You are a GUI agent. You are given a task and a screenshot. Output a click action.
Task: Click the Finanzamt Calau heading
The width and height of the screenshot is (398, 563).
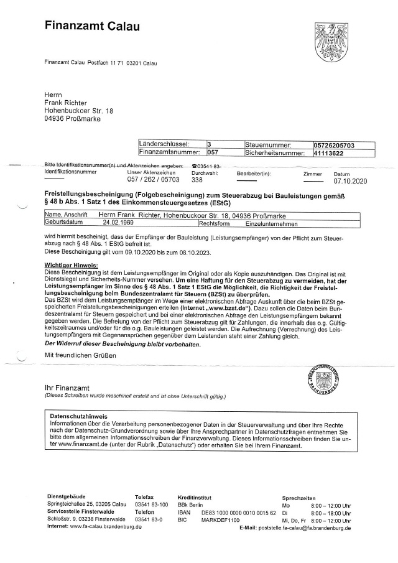click(92, 26)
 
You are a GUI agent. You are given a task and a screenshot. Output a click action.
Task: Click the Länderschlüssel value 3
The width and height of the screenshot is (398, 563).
click(210, 144)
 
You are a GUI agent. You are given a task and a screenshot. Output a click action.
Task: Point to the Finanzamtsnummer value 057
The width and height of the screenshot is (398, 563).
click(213, 151)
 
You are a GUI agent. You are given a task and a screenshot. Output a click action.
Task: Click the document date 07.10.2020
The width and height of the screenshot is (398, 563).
click(351, 181)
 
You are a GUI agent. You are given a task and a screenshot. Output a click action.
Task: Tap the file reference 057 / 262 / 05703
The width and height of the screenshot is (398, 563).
click(153, 180)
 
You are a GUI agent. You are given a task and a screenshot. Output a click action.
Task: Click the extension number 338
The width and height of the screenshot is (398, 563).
click(197, 180)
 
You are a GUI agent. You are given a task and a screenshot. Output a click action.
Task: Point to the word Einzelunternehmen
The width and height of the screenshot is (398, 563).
click(272, 223)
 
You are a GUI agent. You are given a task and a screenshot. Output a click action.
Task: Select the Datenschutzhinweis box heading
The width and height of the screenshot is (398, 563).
click(78, 416)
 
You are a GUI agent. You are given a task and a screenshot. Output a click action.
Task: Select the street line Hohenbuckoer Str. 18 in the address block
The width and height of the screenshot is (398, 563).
click(79, 111)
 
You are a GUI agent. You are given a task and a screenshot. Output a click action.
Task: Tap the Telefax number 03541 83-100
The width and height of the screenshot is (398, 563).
click(152, 504)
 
